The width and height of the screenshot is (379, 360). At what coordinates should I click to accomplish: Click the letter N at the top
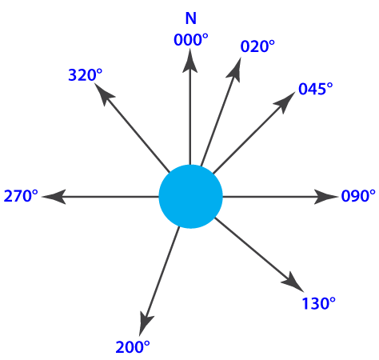tap(191, 18)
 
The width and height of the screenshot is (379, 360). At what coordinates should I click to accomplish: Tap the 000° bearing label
tap(191, 40)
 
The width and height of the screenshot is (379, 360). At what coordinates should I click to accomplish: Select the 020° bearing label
tap(257, 46)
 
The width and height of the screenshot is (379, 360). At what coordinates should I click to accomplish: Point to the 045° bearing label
tap(316, 89)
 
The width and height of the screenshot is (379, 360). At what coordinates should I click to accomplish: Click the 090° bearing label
tap(358, 196)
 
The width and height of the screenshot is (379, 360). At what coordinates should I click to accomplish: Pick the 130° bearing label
tap(318, 303)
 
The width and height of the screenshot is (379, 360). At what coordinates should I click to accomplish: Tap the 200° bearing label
tap(133, 347)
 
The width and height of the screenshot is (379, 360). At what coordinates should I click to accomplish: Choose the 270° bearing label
tap(21, 196)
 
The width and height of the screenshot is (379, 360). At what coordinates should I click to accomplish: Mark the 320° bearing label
tap(86, 75)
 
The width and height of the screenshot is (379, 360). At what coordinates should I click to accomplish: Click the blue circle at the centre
tap(190, 197)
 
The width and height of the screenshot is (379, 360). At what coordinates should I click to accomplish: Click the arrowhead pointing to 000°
tap(190, 62)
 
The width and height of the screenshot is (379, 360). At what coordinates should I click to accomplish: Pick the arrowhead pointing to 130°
tap(293, 282)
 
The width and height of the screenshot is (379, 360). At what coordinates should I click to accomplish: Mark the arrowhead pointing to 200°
tap(146, 322)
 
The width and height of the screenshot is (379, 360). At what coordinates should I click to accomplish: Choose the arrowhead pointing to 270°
tap(54, 197)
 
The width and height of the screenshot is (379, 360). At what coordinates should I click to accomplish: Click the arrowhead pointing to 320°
tap(104, 94)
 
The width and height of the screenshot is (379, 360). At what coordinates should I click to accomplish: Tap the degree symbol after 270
tap(35, 193)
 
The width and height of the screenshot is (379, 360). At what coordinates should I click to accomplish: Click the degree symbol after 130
tap(333, 300)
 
